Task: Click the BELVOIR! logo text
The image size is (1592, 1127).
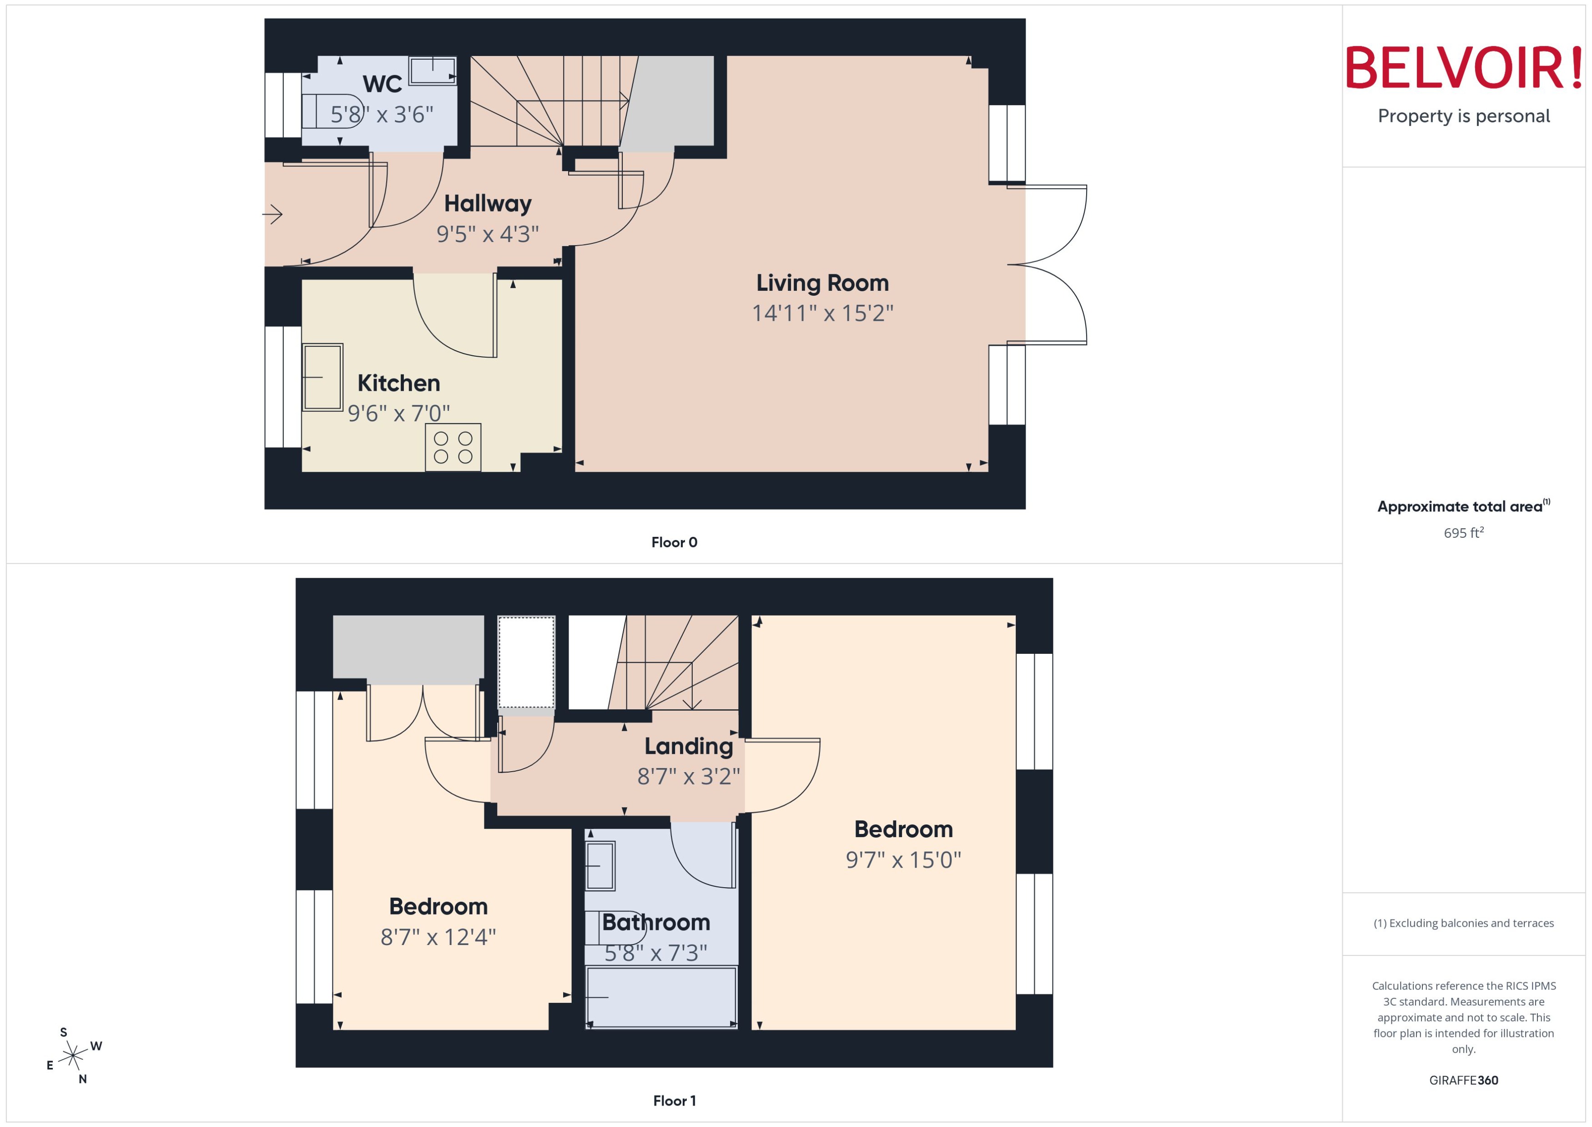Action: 1464,68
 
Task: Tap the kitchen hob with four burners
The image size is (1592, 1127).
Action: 453,448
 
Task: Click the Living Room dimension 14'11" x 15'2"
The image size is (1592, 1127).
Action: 823,313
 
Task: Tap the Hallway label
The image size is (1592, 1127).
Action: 488,203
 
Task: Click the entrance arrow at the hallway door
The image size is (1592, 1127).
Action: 272,214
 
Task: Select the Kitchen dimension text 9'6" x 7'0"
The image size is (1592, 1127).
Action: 399,414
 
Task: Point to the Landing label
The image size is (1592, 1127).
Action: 688,746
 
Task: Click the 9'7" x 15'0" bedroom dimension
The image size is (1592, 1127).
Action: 903,860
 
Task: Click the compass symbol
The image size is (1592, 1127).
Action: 73,1056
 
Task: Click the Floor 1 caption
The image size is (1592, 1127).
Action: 674,1101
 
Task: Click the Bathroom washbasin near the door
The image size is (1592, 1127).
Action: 600,865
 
